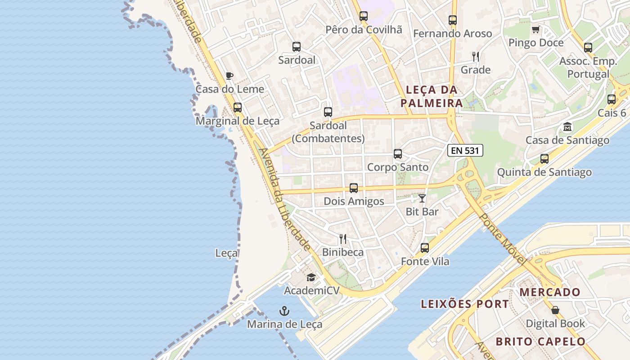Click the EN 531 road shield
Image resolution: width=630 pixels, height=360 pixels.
(x=465, y=150)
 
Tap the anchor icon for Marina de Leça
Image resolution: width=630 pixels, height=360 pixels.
(x=284, y=310)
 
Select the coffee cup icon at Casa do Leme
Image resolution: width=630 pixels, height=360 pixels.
(x=229, y=76)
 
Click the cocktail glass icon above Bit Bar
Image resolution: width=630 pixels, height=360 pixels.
(x=422, y=198)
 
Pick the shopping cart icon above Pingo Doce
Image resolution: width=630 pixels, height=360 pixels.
(x=535, y=30)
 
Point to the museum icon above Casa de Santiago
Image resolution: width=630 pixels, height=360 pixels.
(x=567, y=127)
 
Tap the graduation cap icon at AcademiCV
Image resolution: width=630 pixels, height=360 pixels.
(x=311, y=277)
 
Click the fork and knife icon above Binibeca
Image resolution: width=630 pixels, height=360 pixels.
(x=343, y=238)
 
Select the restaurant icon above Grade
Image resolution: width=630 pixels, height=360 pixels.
(x=476, y=57)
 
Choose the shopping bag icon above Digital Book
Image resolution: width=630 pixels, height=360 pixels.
(x=555, y=310)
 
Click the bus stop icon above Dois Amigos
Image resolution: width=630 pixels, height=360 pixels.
(x=354, y=188)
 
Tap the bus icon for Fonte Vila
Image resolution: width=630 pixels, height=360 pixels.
(x=425, y=247)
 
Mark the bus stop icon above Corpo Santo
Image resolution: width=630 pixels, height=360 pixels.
(x=398, y=154)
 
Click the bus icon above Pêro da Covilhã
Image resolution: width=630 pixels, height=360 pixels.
(x=364, y=16)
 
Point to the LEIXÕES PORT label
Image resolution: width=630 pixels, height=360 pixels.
(x=465, y=304)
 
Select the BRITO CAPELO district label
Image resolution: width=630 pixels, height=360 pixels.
(x=540, y=342)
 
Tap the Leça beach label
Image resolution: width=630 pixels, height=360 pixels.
(x=226, y=253)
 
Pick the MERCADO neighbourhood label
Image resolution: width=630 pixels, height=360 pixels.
(x=550, y=292)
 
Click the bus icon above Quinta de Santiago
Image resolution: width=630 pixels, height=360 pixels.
(x=544, y=158)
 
